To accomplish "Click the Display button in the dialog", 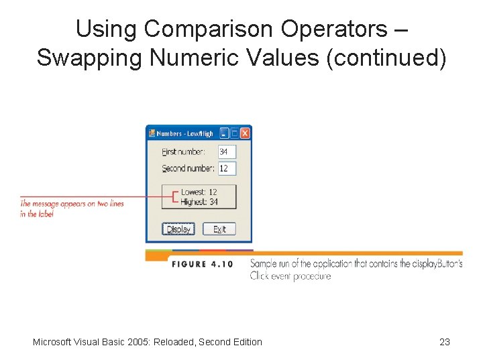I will [x=178, y=229].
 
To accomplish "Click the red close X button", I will [x=246, y=133].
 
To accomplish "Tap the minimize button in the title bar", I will [x=225, y=133].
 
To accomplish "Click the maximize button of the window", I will [x=235, y=133].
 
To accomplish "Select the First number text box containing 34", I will [x=227, y=152].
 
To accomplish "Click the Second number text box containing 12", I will [x=227, y=168].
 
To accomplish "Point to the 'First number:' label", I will [x=183, y=152].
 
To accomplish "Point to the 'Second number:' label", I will [x=188, y=168].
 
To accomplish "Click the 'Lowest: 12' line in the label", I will [x=199, y=192].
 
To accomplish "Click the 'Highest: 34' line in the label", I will [x=199, y=202].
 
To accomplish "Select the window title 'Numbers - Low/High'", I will [x=184, y=133].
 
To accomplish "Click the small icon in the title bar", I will [x=152, y=133].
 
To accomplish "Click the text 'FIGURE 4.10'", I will [x=202, y=264].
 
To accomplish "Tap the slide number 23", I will [x=444, y=342].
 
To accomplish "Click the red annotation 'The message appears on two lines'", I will [x=72, y=204].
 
